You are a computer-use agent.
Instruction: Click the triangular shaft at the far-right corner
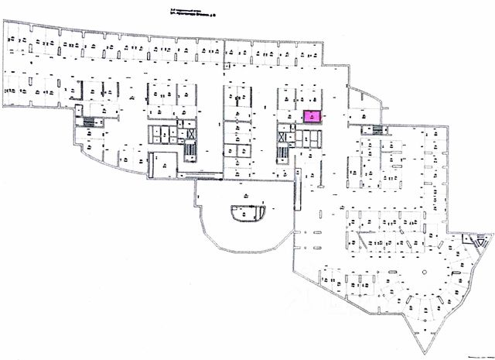(x=466, y=242)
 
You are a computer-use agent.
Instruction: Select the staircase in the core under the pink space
(x=282, y=151)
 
